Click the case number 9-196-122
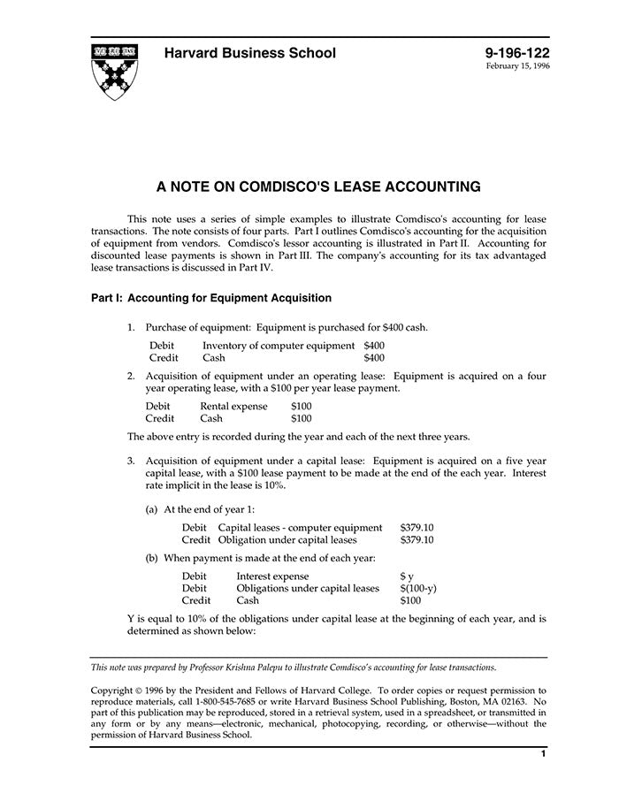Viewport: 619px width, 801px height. pos(517,53)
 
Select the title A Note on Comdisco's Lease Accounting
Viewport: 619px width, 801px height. pos(318,187)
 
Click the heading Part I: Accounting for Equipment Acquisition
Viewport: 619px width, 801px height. pos(211,298)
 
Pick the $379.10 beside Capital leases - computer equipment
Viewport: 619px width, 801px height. pos(416,528)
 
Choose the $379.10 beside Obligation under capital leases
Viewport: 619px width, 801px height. pos(416,539)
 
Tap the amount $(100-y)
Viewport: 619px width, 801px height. pos(418,588)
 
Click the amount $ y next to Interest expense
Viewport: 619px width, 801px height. pos(407,576)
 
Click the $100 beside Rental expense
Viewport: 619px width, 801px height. pos(302,406)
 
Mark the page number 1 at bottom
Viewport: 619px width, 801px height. pos(543,753)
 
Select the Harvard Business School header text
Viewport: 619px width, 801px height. pos(250,53)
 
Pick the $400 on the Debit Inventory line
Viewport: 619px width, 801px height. pos(374,345)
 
